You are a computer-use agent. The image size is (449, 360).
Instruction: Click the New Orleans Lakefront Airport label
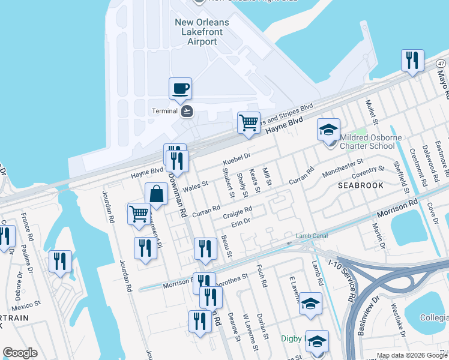click(x=202, y=32)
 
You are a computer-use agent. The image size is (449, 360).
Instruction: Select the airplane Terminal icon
click(x=187, y=110)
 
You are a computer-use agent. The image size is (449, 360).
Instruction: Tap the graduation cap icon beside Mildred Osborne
click(x=328, y=130)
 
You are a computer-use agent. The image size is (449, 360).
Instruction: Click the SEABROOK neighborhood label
click(x=360, y=185)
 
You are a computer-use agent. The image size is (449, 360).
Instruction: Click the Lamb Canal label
click(x=312, y=236)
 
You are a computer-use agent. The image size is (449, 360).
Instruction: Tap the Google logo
click(x=20, y=353)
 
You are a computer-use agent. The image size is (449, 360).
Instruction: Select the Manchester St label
click(x=343, y=167)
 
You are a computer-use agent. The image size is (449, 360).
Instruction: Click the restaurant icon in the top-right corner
click(x=412, y=61)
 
